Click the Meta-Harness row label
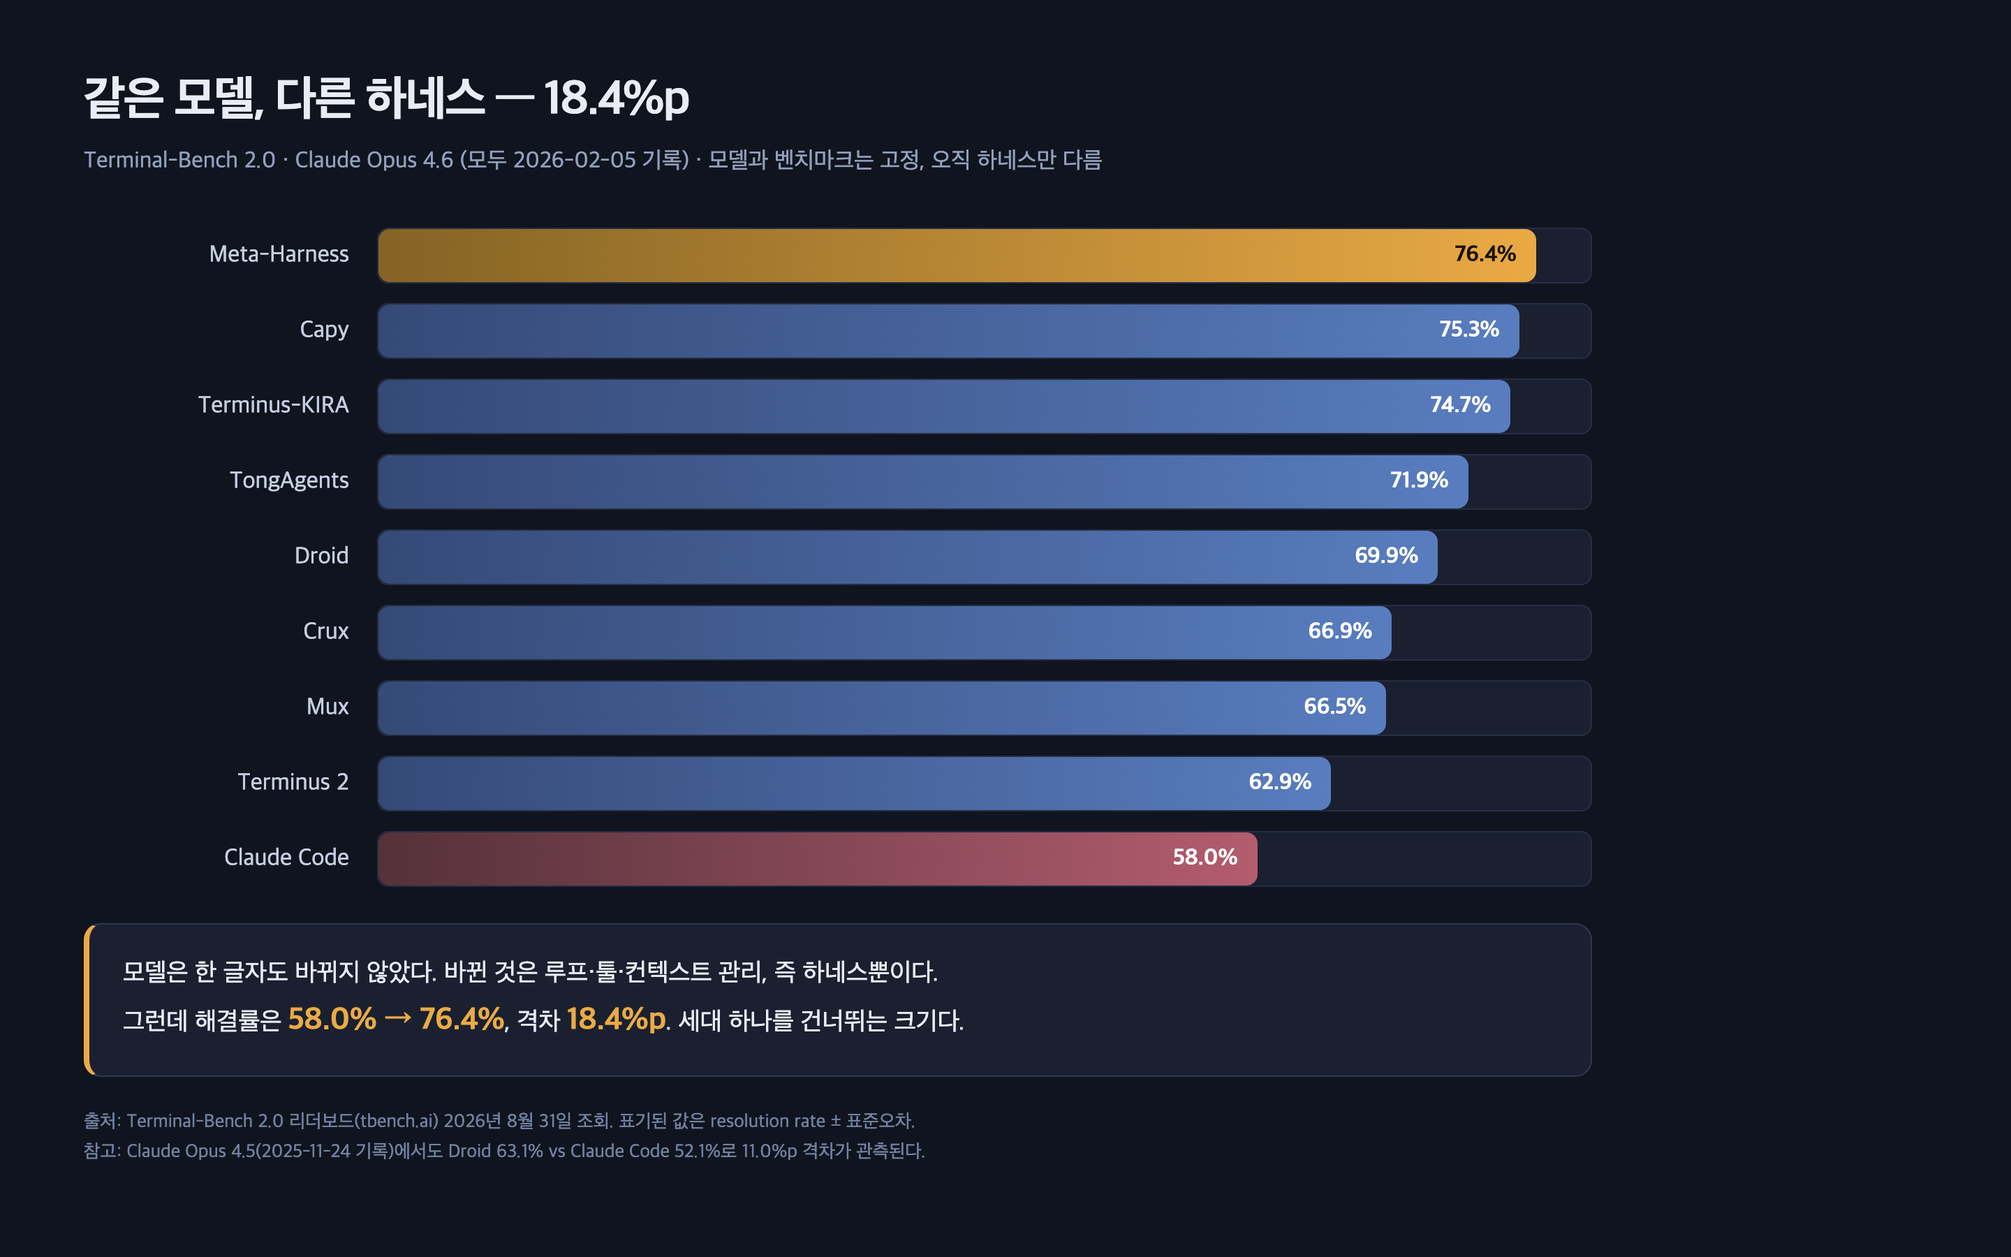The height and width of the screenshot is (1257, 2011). [279, 254]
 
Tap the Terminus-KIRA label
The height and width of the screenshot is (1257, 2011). [274, 405]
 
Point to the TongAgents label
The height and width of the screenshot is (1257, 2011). [289, 480]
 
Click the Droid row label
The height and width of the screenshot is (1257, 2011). [322, 555]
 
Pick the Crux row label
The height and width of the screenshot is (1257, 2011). [326, 631]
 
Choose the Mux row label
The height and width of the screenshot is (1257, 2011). [327, 707]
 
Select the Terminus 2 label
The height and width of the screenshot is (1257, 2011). [293, 782]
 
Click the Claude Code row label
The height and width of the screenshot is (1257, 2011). [287, 857]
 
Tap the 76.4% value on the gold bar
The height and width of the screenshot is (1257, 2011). [1485, 254]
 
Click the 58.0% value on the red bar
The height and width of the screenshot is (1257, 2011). [1205, 857]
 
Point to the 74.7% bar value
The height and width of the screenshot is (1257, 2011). [1460, 405]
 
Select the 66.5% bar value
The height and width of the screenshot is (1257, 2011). [1334, 707]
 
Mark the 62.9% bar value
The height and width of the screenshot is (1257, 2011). [1280, 782]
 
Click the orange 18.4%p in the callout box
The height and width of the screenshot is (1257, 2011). [616, 1020]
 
